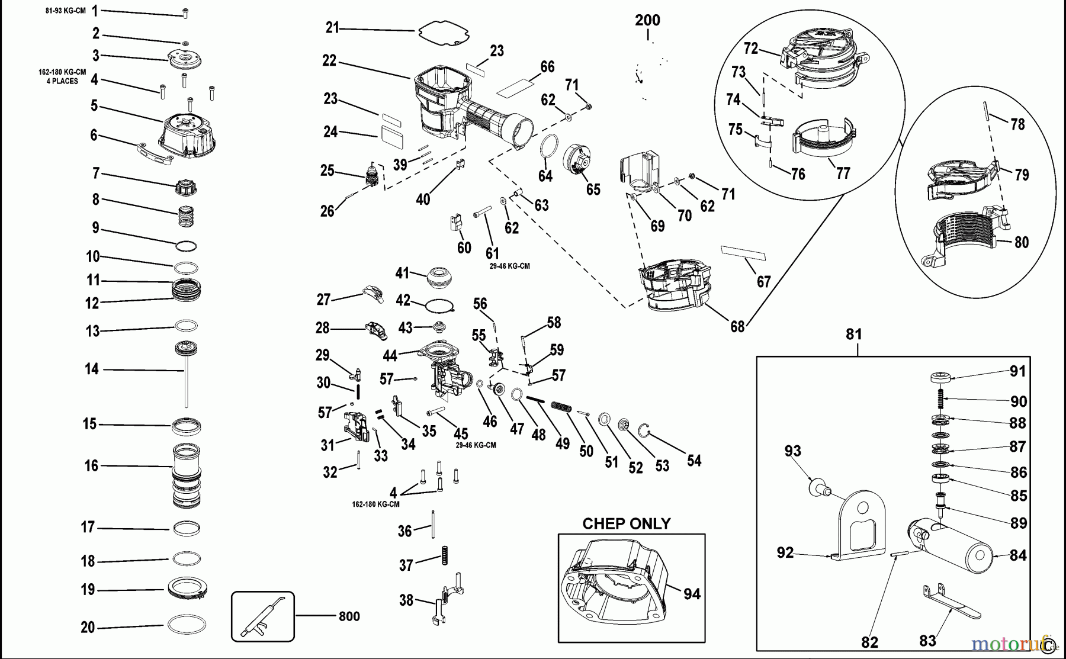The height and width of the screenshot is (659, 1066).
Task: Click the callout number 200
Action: tap(647, 20)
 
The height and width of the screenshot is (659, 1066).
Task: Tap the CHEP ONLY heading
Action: tap(627, 524)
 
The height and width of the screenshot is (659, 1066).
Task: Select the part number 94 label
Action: tap(692, 593)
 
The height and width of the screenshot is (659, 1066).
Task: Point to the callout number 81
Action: tap(853, 335)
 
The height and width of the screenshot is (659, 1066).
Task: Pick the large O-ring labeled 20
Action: tap(187, 625)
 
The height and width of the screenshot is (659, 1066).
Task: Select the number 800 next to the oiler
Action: tap(349, 616)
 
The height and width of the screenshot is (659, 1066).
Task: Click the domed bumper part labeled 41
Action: tap(439, 276)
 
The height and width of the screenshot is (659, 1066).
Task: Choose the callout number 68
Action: tap(737, 326)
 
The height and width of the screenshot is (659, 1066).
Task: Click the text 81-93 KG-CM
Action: tap(66, 11)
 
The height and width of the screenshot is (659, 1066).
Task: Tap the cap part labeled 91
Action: tap(940, 377)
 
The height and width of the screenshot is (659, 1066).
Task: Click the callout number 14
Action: tap(91, 369)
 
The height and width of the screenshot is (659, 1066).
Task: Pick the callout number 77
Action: tap(843, 173)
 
